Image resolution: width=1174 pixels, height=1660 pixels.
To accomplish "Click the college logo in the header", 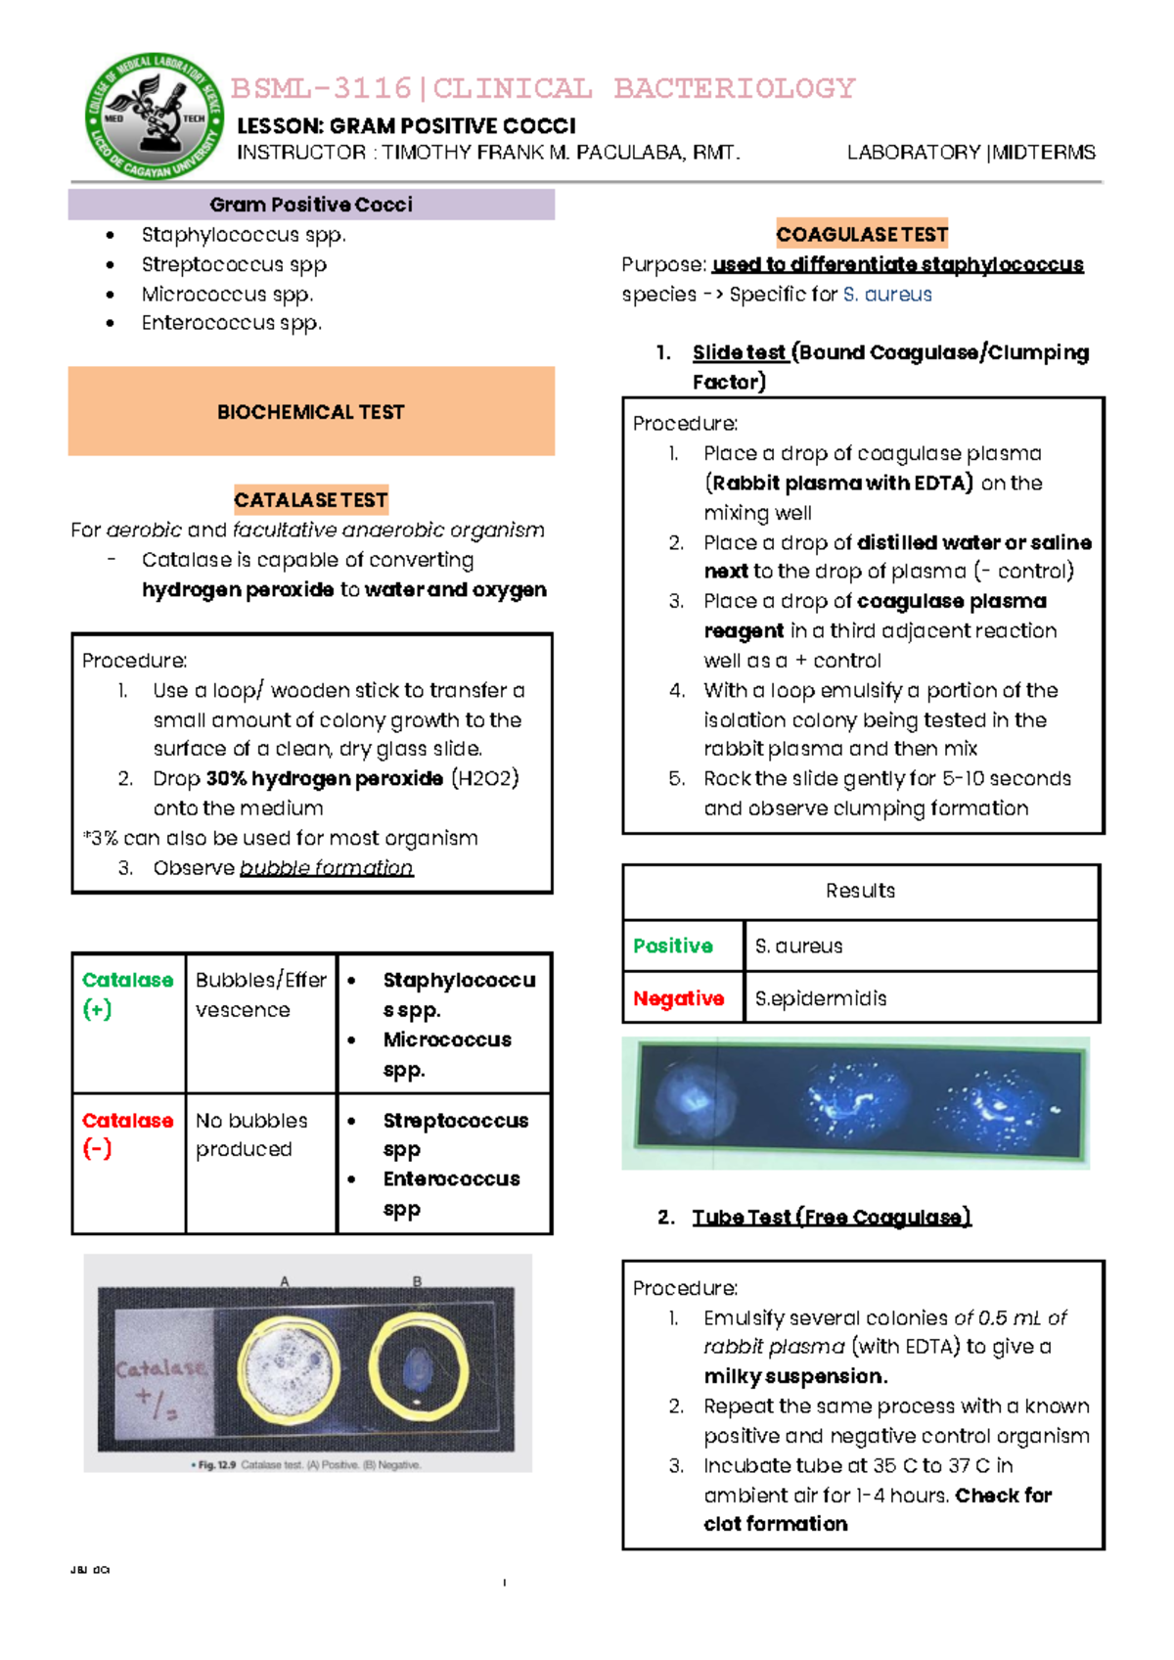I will coord(155,115).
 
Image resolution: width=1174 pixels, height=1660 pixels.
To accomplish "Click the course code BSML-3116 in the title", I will coord(321,88).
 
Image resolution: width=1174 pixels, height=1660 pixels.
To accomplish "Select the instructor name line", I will coord(488,153).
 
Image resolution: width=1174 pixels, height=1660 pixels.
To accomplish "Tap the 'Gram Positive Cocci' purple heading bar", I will coord(311,205).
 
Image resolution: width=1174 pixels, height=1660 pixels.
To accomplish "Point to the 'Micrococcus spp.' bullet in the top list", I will coord(227,294).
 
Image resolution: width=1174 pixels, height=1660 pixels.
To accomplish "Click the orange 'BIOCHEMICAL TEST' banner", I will coord(311,411).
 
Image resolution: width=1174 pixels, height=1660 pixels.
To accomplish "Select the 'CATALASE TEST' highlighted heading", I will coord(311,500).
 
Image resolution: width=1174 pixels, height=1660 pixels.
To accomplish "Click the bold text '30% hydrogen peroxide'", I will coord(324,779).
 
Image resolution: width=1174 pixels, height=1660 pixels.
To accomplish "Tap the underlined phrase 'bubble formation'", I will coord(326,868).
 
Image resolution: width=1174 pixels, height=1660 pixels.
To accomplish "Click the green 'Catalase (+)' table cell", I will coord(127,994).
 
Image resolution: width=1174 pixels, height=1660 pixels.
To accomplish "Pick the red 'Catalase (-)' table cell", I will coord(127,1134).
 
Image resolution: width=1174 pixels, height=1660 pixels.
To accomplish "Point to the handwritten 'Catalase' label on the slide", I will coord(161,1369).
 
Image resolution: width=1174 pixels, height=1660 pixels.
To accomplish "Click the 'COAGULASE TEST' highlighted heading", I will coord(862,234).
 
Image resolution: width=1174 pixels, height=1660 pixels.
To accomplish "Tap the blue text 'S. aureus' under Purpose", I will coord(887,295).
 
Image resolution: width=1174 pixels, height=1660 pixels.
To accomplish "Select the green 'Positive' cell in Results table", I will coord(673,946).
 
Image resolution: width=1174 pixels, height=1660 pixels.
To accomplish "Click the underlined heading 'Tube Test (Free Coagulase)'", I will coord(831,1217).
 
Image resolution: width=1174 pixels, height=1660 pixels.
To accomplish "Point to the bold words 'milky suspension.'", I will coord(795,1376).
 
